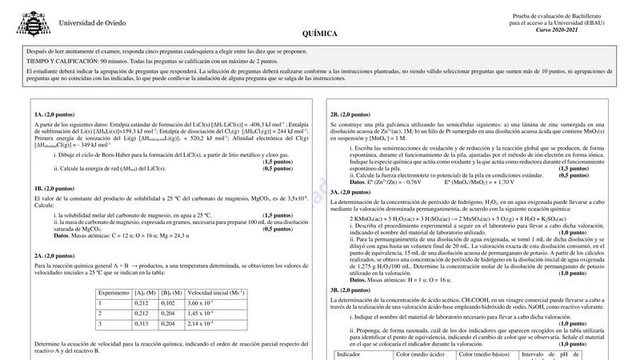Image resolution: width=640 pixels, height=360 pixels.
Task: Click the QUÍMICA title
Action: (319, 34)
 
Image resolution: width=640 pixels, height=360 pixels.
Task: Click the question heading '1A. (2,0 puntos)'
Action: (55, 114)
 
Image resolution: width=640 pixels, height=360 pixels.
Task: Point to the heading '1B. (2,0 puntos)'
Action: (55, 188)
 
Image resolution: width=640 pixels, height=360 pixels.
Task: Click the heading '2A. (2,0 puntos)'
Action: (55, 255)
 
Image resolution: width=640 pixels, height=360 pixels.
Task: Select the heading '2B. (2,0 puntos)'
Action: (350, 114)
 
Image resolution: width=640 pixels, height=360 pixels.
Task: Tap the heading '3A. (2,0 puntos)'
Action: (350, 192)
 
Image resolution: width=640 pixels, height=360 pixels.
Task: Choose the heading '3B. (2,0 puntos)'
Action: (350, 289)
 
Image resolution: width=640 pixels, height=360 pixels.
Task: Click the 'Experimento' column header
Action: (114, 293)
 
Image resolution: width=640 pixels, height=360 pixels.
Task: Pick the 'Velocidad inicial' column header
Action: (215, 293)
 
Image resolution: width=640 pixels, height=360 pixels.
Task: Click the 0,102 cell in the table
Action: (168, 303)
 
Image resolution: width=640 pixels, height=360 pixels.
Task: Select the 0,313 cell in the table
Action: (142, 323)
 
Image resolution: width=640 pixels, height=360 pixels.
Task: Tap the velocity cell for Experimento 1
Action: (200, 303)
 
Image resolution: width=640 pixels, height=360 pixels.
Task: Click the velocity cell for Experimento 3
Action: (200, 323)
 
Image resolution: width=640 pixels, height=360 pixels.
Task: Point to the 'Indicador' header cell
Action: (349, 354)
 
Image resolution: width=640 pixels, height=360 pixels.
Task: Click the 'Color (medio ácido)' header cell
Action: (420, 354)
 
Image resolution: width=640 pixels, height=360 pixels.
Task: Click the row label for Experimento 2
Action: (100, 313)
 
